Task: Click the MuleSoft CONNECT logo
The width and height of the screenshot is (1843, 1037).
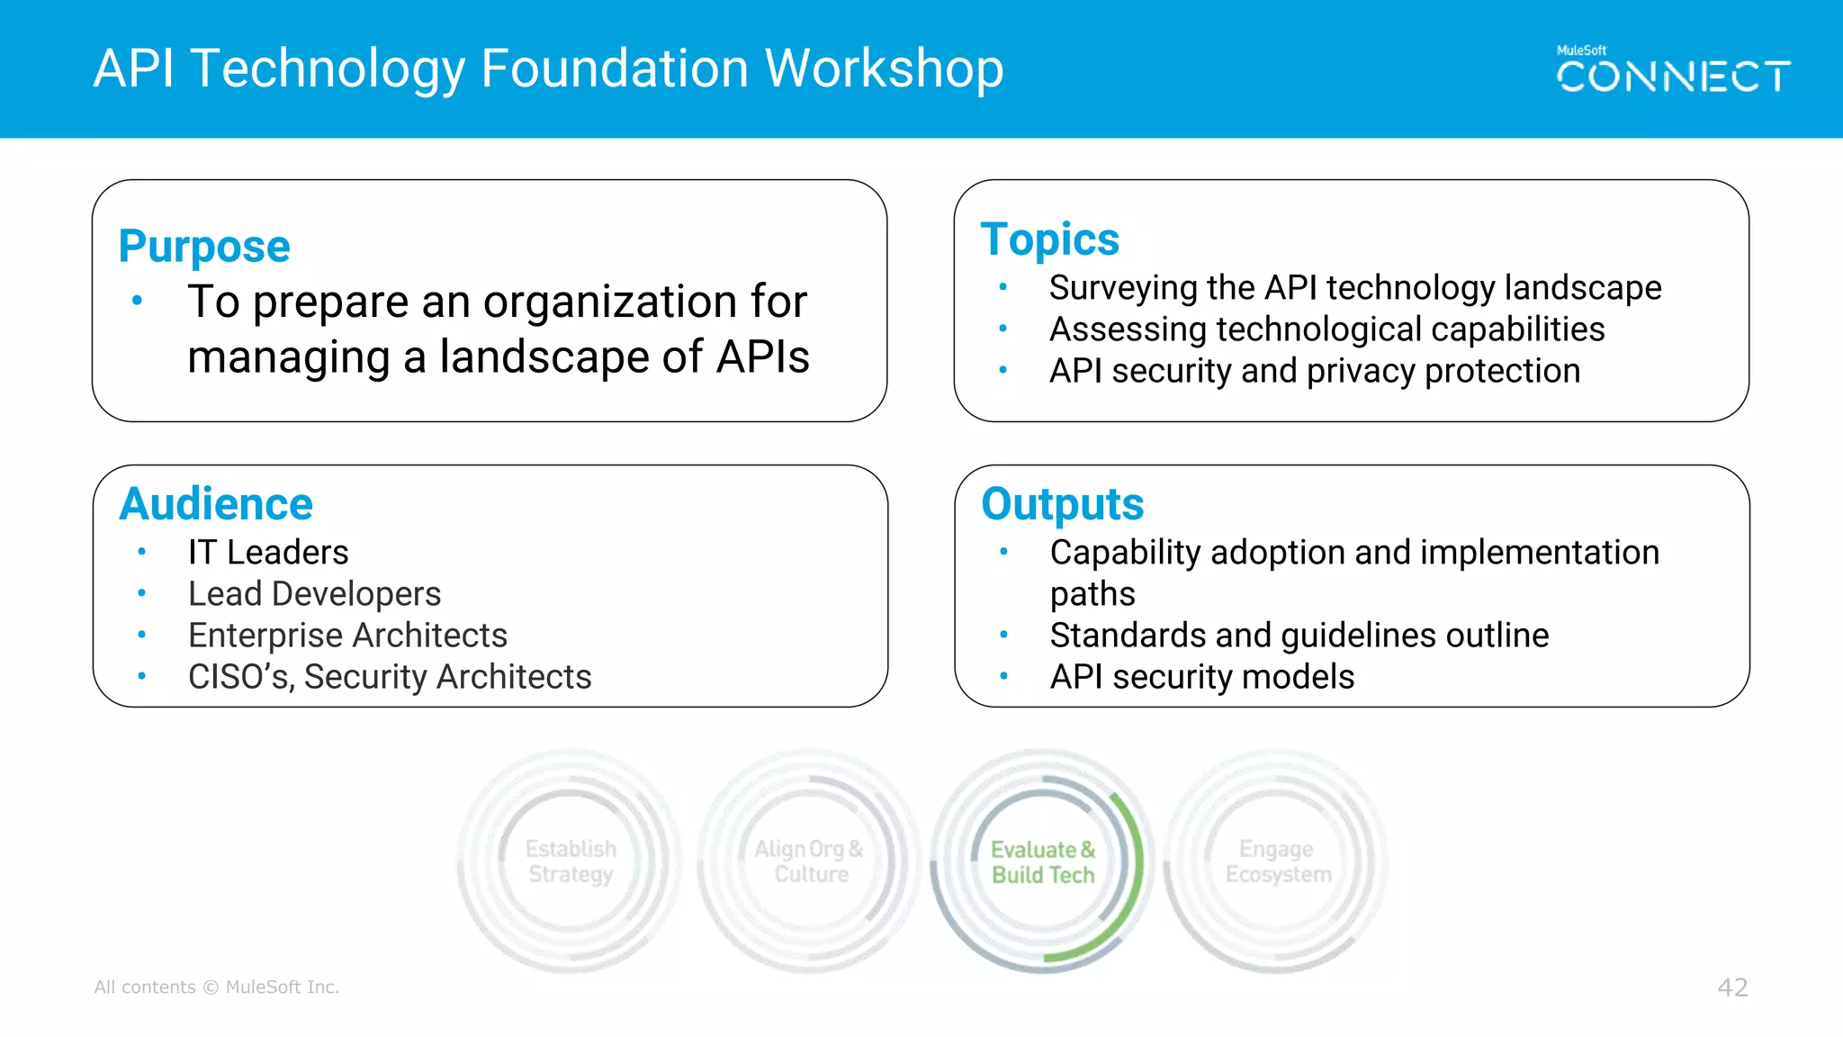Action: [x=1673, y=71]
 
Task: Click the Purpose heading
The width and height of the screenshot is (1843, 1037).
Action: [x=204, y=247]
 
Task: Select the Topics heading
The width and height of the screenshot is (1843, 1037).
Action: [x=1049, y=240]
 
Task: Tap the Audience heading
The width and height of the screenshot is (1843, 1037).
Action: [x=216, y=504]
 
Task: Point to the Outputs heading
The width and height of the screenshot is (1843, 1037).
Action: [x=1062, y=504]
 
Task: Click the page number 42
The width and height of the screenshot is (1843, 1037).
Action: [x=1732, y=987]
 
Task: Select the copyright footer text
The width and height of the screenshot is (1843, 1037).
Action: [x=217, y=987]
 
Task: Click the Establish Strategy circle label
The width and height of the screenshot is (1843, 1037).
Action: [x=571, y=861]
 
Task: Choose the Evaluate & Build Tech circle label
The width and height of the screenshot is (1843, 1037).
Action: [x=1043, y=862]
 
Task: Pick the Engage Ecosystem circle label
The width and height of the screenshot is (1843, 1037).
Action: [x=1278, y=861]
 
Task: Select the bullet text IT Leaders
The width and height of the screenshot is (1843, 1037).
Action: [x=268, y=553]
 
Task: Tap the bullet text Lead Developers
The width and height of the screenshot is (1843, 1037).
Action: [x=314, y=594]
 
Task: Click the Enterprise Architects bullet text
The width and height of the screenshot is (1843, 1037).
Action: [x=347, y=636]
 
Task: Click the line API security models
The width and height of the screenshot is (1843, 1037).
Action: [x=1201, y=677]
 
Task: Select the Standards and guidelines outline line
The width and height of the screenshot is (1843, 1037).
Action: [x=1299, y=636]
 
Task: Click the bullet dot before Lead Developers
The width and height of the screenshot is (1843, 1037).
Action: [x=142, y=593]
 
